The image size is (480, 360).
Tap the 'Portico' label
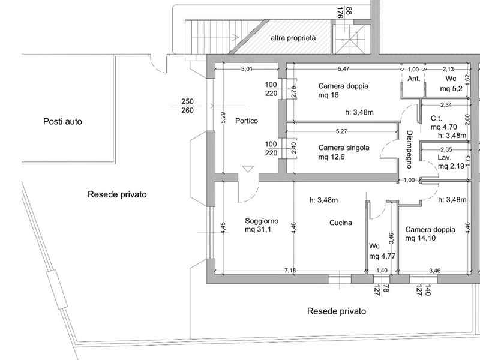(x=247, y=121)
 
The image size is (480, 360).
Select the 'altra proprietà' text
(x=293, y=38)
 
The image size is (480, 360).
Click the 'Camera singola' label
(x=344, y=148)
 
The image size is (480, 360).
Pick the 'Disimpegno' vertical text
(x=409, y=148)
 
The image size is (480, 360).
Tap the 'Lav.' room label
(x=445, y=156)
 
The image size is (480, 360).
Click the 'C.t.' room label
(x=437, y=118)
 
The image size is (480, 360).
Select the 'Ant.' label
(x=413, y=79)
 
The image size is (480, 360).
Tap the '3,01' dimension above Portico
(x=247, y=70)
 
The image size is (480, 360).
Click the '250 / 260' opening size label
(x=187, y=106)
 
